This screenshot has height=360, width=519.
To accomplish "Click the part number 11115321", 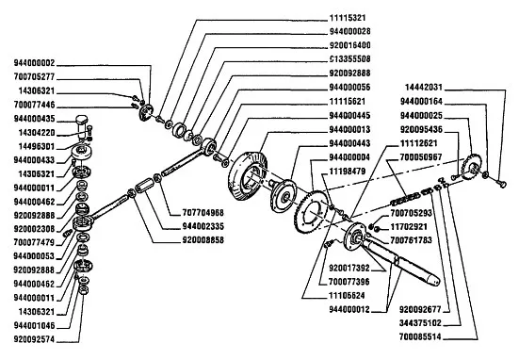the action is click(348, 18).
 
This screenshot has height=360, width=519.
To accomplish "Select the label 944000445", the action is click(349, 116).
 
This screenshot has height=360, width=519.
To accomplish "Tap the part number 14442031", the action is click(424, 87).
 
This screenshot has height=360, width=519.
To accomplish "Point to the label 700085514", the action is click(420, 336).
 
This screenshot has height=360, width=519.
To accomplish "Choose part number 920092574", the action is click(34, 339).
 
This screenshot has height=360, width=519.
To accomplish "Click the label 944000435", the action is click(34, 119).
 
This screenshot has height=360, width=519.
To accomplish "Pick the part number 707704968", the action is click(203, 212).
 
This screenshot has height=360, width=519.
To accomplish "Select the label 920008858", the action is click(203, 239).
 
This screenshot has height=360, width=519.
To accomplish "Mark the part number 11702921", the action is click(409, 227).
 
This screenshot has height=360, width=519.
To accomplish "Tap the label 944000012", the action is click(349, 309).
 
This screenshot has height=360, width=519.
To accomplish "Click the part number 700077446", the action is click(34, 105).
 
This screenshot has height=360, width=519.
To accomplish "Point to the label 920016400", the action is click(349, 45).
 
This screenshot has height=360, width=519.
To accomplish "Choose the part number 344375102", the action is click(420, 323).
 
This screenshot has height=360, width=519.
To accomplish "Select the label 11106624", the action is click(347, 295).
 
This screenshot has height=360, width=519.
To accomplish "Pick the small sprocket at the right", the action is click(471, 167).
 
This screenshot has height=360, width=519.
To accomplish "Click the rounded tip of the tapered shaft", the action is click(435, 281).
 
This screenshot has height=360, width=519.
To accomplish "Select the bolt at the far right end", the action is click(501, 183).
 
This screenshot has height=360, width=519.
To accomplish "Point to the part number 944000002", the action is click(34, 63).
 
